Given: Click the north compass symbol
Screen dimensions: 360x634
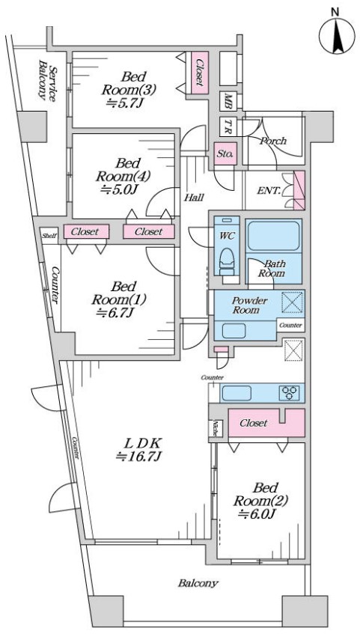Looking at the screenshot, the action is coord(337,36).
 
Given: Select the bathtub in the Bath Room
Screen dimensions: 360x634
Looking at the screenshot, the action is coord(273,235).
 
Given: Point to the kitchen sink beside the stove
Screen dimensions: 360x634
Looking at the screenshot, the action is coord(236,393).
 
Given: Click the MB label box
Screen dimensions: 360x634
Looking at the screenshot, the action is coord(228,101).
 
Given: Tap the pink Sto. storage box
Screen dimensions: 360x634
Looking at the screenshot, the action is coord(225,154).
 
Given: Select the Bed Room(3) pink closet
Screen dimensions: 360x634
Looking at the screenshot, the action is coord(199,73).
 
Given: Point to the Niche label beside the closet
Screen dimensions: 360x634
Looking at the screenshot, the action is coord(216,428).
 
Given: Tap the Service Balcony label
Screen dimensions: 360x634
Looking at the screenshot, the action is coord(47,79).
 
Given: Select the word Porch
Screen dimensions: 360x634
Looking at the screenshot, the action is coord(273,141).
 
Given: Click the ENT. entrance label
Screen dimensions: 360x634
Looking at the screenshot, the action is coord(269,190).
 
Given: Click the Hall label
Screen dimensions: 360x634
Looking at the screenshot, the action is coord(194,198).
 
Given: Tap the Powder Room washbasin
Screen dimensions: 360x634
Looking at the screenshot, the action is coord(234,331).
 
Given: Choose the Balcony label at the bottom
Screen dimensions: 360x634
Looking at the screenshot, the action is coord(198,583).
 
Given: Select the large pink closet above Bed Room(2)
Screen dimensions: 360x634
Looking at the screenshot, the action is coord(266,423).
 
